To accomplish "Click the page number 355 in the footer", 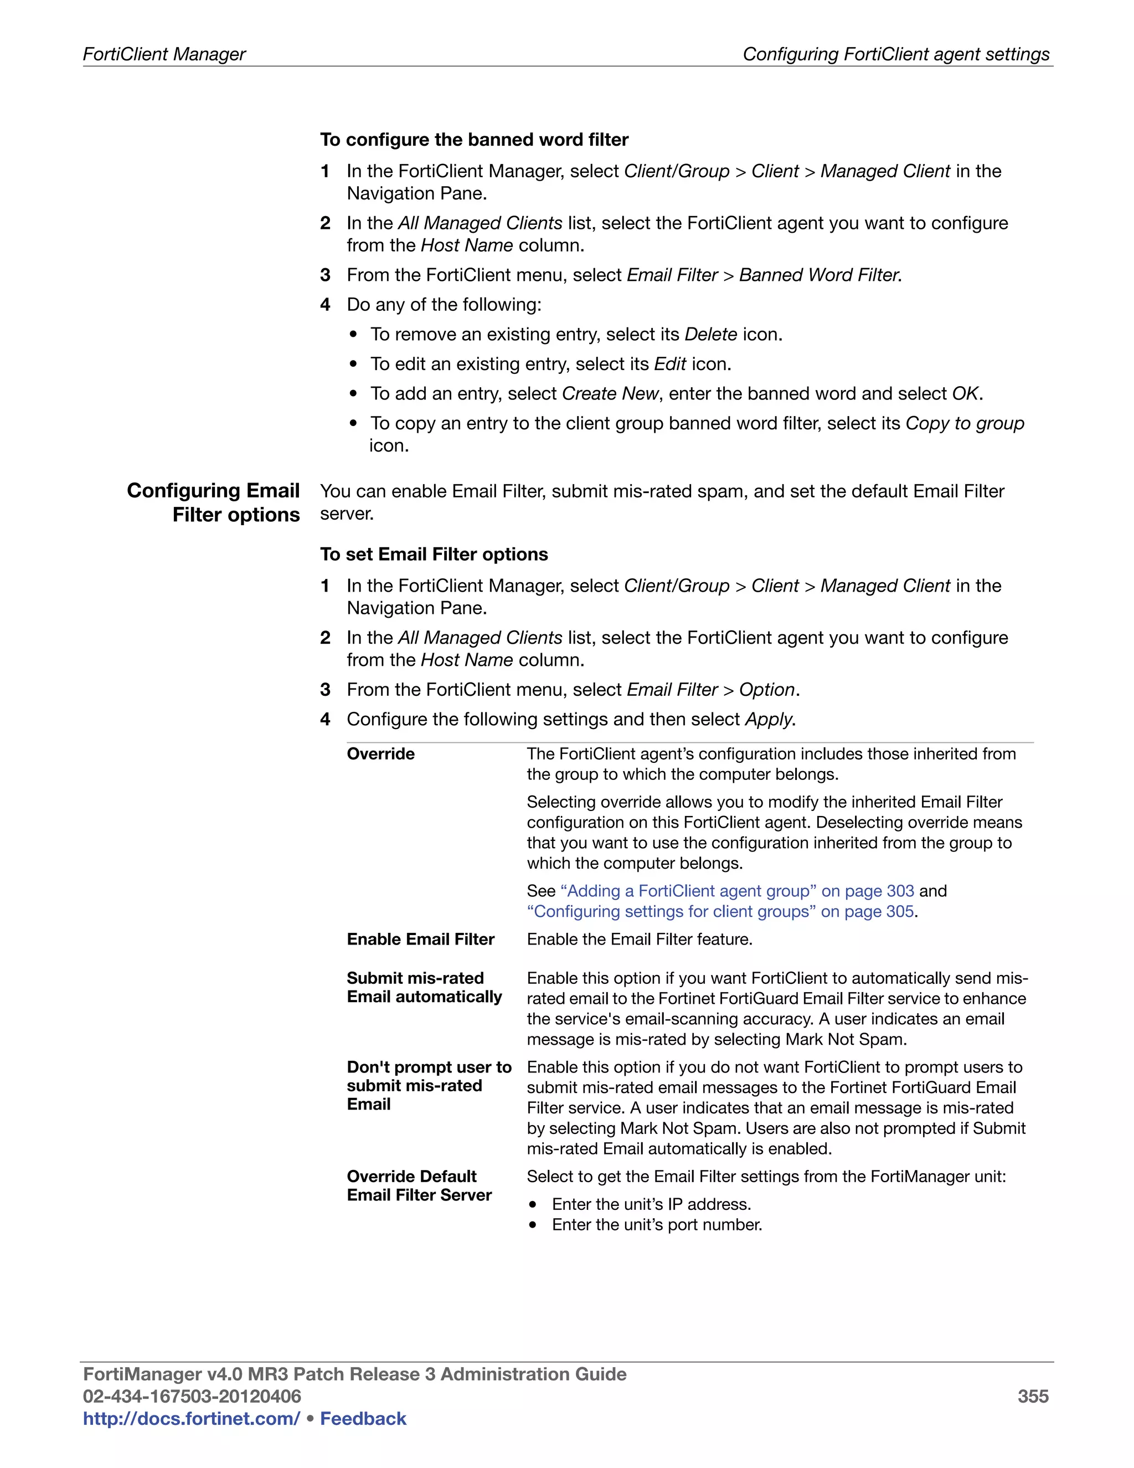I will pyautogui.click(x=1033, y=1396).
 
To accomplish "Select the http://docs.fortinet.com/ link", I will pyautogui.click(x=191, y=1418).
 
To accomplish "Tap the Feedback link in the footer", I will pyautogui.click(x=363, y=1418).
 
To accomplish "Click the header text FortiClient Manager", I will pyautogui.click(x=164, y=54).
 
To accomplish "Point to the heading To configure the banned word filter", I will pyautogui.click(x=473, y=139).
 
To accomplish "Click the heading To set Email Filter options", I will pyautogui.click(x=434, y=554).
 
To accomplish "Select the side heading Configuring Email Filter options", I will pyautogui.click(x=214, y=502).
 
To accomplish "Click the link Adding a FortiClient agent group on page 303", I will pyautogui.click(x=737, y=891).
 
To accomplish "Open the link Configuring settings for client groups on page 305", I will pyautogui.click(x=721, y=911).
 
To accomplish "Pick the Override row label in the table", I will pyautogui.click(x=380, y=753).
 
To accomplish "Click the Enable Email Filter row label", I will pyautogui.click(x=421, y=939).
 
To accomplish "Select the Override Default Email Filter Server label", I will pyautogui.click(x=419, y=1185).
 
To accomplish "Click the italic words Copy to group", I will pyautogui.click(x=964, y=423).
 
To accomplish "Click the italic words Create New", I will pyautogui.click(x=609, y=393).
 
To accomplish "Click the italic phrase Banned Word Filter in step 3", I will pyautogui.click(x=818, y=275).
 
